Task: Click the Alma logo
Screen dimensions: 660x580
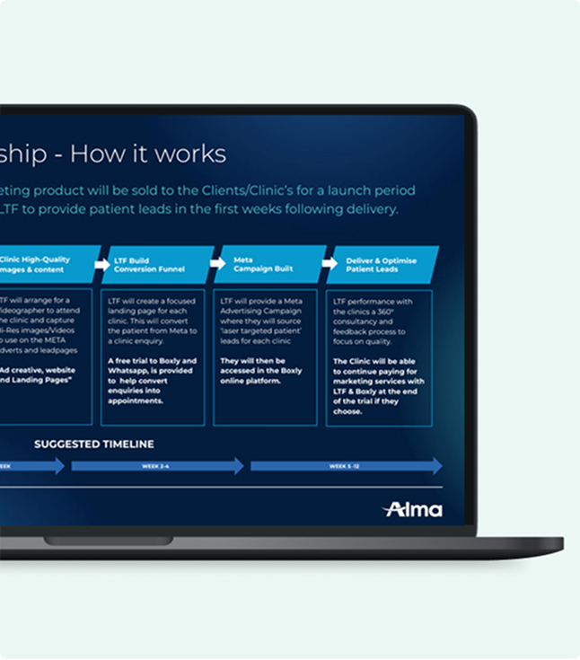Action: (x=413, y=509)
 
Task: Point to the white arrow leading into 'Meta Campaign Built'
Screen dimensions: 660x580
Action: (x=216, y=263)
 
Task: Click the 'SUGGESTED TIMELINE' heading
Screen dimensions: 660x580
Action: (x=93, y=444)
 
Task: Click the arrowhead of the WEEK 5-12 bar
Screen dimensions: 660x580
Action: (x=436, y=466)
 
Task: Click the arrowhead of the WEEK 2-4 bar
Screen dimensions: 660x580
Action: (x=238, y=466)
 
